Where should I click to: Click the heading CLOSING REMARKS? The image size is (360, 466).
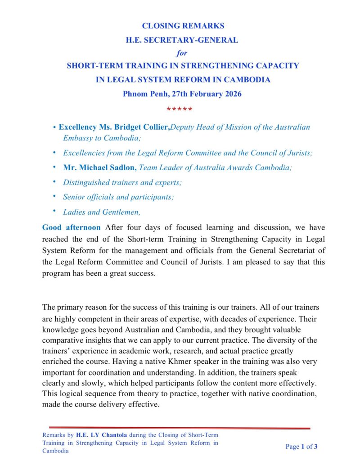tap(183, 26)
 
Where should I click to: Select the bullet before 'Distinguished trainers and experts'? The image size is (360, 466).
tap(54, 182)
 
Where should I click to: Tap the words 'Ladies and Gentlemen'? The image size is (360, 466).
tap(102, 212)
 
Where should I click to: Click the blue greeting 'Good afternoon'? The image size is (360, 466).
tap(71, 227)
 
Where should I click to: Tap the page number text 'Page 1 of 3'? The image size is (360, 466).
tap(302, 447)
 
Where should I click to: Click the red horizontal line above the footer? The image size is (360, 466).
tap(180, 428)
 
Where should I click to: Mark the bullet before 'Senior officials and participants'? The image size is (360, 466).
tap(54, 196)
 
